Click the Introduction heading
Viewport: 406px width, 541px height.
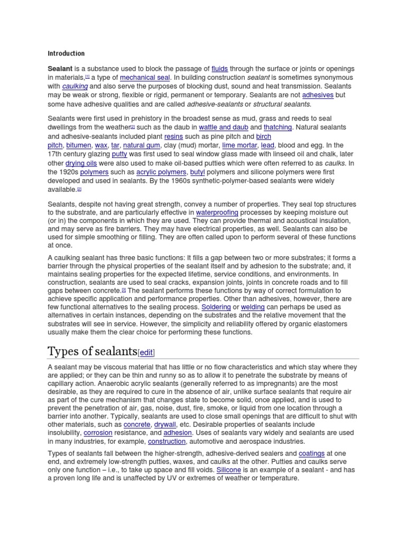point(66,53)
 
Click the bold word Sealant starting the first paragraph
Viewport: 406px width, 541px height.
point(60,69)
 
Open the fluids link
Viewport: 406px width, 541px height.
point(219,69)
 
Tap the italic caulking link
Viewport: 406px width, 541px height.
point(75,86)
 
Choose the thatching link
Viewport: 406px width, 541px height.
point(278,127)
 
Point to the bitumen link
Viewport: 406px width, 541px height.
point(78,145)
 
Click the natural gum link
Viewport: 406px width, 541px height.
point(141,145)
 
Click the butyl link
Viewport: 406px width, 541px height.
point(197,172)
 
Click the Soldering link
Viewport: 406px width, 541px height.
point(215,307)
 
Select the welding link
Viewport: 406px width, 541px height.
point(253,307)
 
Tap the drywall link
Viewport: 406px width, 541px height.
point(165,424)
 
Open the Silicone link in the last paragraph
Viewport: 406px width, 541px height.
point(228,470)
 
